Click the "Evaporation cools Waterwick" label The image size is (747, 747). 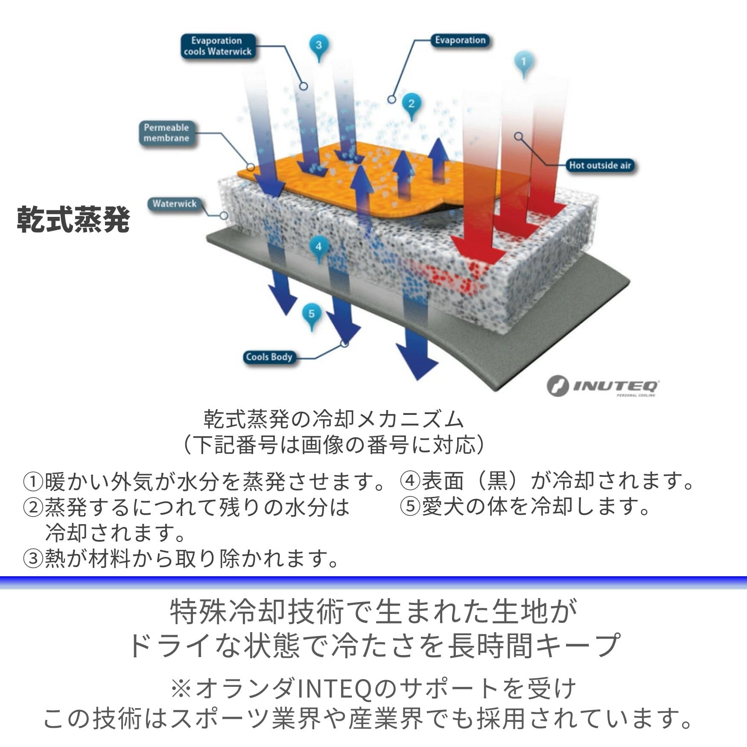coord(218,46)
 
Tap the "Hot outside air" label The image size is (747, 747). coord(600,166)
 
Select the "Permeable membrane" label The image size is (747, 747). coord(166,133)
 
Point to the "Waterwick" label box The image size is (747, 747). coord(175,204)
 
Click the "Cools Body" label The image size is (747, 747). coord(269,357)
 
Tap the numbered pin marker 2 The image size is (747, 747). coord(411,106)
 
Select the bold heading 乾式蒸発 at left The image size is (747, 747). coord(73,220)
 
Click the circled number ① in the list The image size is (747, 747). coord(33,482)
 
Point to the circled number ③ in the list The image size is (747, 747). coord(33,559)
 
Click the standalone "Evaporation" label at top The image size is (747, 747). coord(460,41)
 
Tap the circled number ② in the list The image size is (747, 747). coord(33,508)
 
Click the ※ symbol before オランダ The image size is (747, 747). coord(181,690)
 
